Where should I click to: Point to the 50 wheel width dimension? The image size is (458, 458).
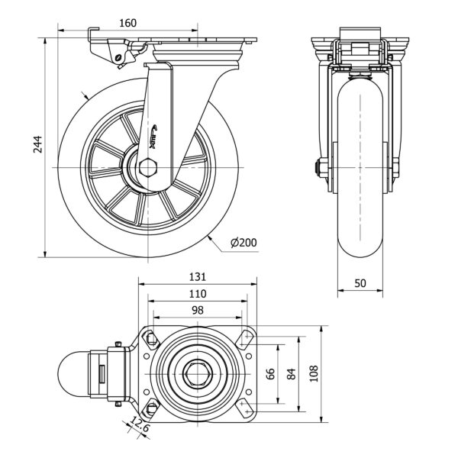coord(360,282)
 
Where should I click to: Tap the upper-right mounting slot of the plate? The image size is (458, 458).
coord(245,340)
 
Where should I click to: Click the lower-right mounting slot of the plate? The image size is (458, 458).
coord(245,407)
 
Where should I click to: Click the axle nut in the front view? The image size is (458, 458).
coord(321,166)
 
